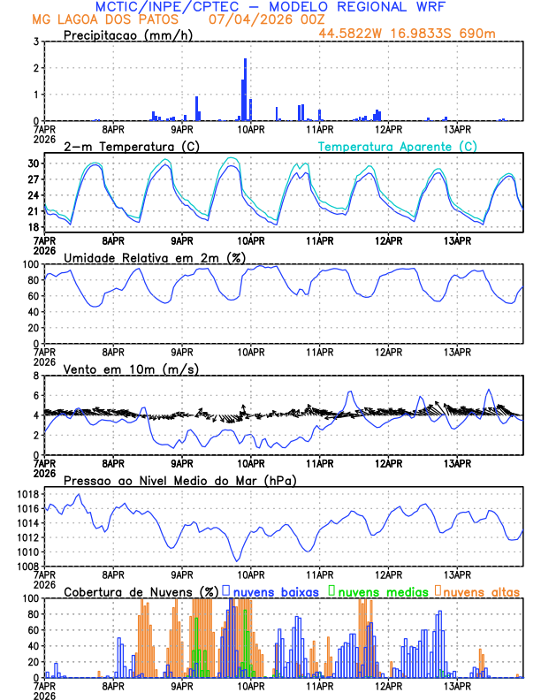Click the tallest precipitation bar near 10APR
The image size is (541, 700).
(x=245, y=88)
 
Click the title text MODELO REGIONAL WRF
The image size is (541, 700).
(x=353, y=7)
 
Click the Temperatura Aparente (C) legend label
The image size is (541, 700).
(x=398, y=146)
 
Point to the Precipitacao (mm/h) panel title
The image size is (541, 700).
(x=129, y=34)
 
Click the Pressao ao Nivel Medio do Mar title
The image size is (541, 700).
(x=179, y=480)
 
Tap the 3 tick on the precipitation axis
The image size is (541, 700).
(x=36, y=42)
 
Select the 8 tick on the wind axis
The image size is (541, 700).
(x=36, y=376)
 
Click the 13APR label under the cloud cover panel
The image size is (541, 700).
(x=456, y=686)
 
